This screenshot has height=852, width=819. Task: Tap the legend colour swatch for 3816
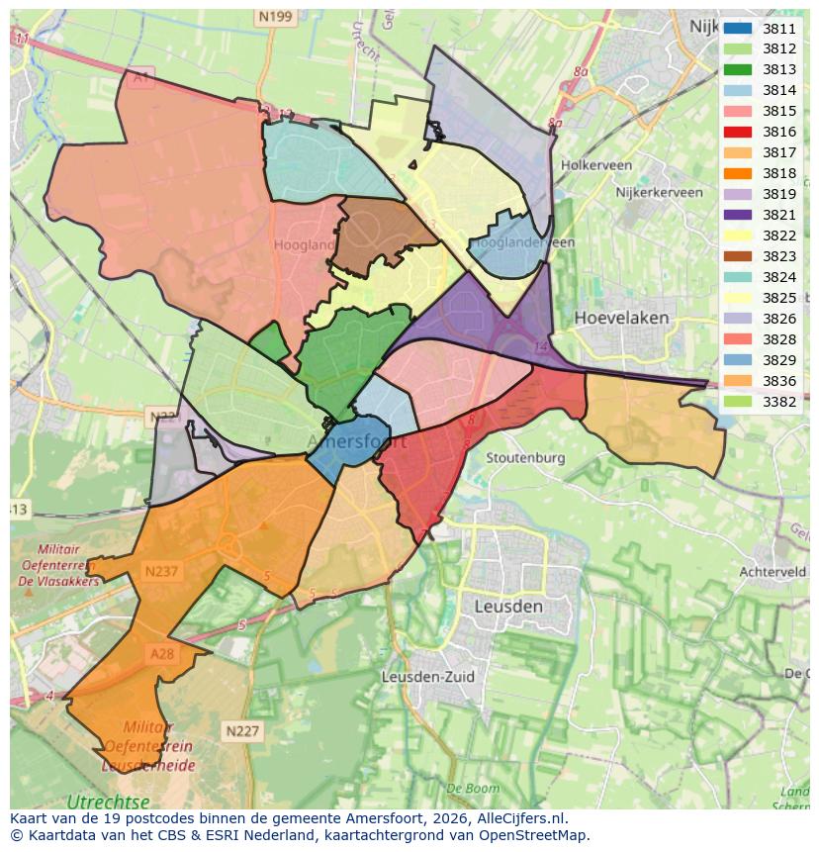tap(737, 133)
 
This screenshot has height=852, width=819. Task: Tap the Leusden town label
tap(507, 605)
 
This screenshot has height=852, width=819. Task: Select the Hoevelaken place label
tap(621, 319)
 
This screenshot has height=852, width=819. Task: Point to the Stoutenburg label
tap(525, 458)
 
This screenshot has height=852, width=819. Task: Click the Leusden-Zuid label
tap(427, 678)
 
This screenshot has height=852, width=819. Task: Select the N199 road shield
tap(274, 17)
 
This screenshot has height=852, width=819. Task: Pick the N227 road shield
tap(242, 731)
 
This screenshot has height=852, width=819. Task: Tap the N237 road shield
tap(161, 571)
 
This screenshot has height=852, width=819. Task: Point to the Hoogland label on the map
tap(304, 244)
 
